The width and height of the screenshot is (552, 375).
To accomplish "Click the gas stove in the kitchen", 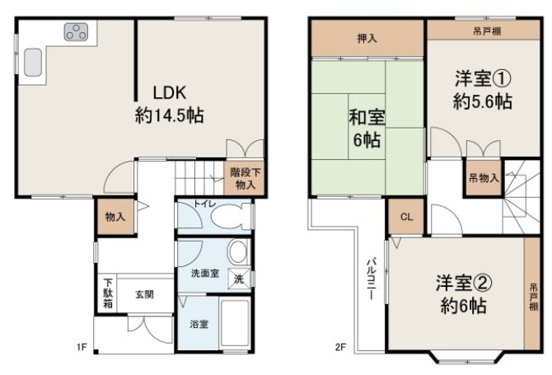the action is [76, 32].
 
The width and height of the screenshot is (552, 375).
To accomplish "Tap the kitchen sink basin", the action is [33, 63].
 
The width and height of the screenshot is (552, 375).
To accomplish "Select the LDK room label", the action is [170, 92].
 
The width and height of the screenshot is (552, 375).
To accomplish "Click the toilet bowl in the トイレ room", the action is [229, 217].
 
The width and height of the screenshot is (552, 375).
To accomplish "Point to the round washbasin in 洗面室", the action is [238, 251].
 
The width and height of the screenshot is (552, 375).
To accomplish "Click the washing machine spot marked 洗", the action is [239, 279].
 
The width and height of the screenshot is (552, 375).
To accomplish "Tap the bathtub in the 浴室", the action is [234, 323].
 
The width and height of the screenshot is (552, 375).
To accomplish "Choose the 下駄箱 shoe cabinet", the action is [108, 293].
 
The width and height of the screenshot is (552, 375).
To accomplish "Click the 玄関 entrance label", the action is [145, 294].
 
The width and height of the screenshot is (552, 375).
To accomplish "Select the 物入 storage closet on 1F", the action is [115, 217].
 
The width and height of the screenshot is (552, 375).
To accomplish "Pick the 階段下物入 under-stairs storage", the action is [245, 178].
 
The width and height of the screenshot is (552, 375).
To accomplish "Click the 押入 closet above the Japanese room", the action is [367, 38].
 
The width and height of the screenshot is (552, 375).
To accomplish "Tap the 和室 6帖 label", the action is [367, 129].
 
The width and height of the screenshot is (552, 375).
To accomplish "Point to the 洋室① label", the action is [483, 78].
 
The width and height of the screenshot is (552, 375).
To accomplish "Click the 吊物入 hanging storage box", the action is [484, 178].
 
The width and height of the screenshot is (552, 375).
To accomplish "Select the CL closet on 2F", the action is [407, 217].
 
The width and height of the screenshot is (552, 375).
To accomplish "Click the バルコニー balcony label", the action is [371, 279].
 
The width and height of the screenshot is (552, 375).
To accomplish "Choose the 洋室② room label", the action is [463, 283].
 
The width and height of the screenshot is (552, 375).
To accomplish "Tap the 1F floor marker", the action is [82, 347].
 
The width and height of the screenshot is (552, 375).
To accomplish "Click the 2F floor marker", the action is [340, 348].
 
